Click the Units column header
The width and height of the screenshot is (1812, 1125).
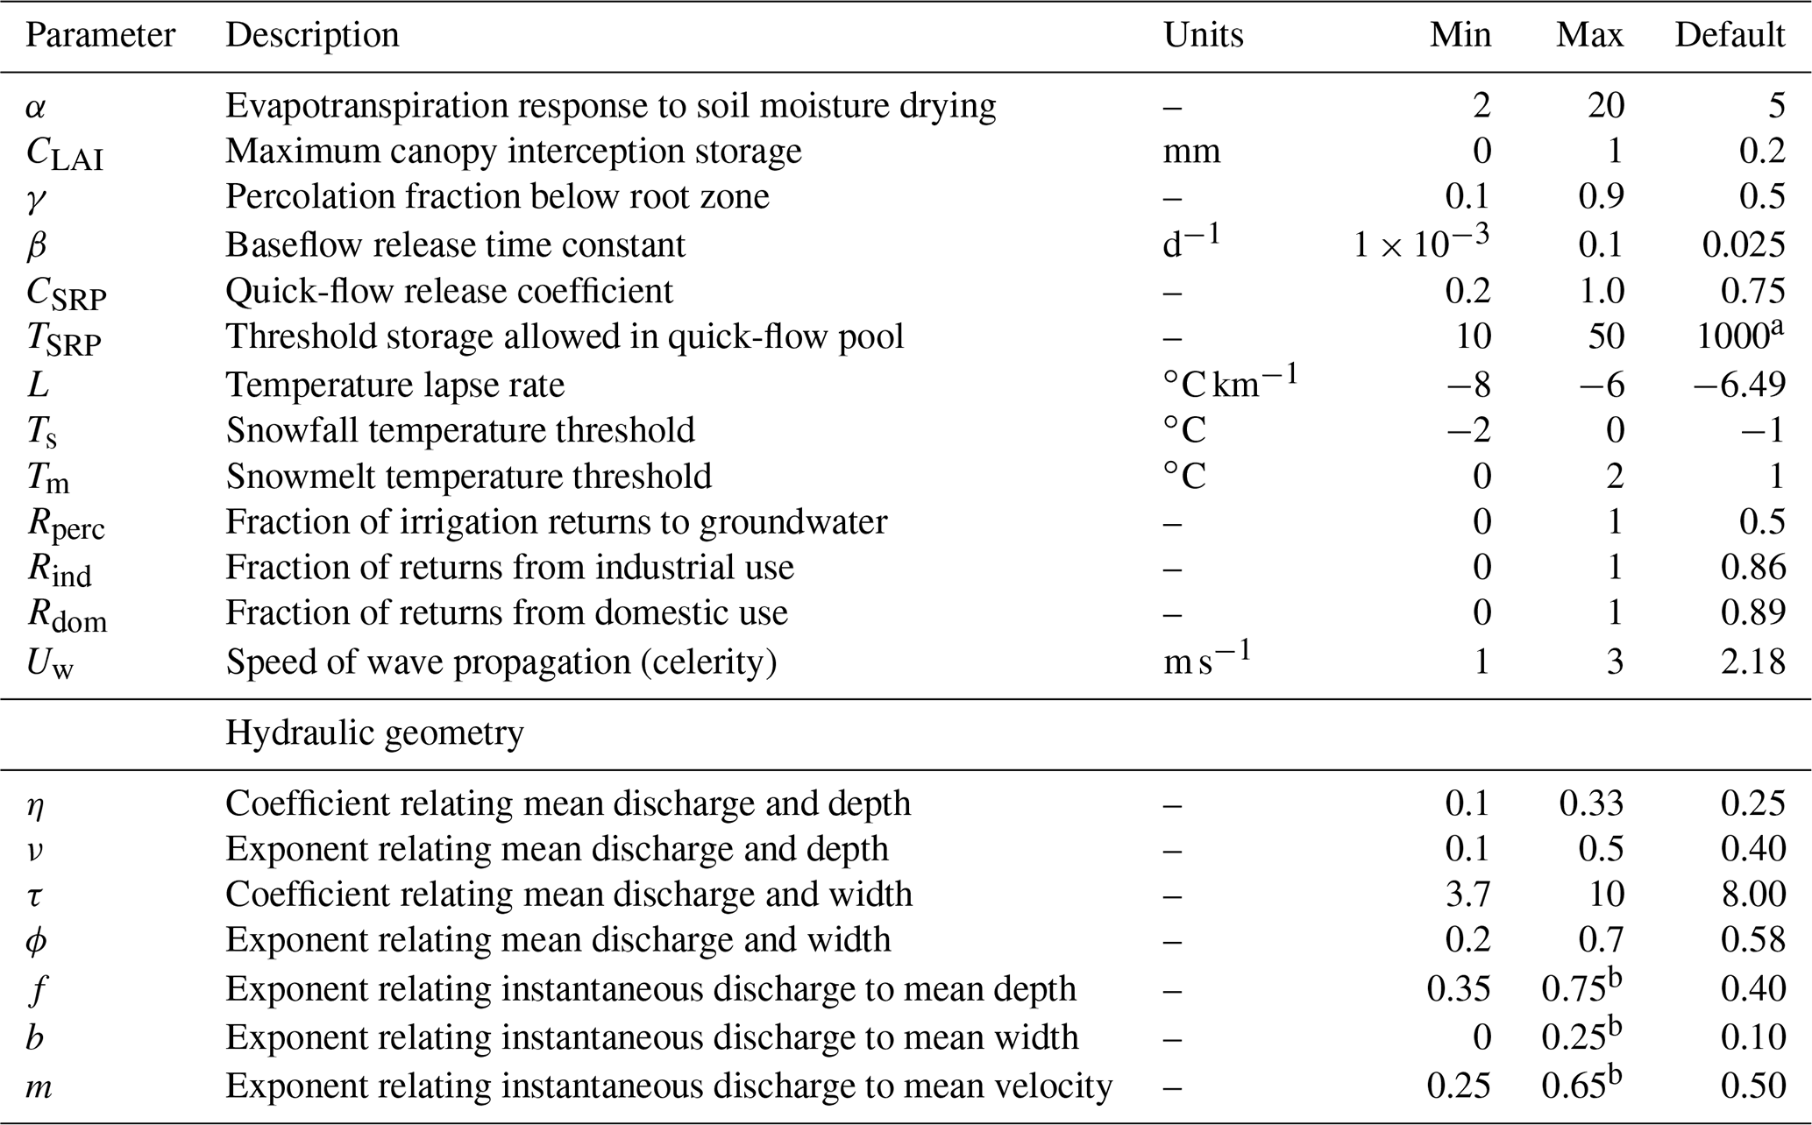click(x=1203, y=35)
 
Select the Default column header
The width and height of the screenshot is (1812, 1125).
click(x=1729, y=35)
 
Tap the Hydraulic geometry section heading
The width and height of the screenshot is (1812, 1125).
click(x=374, y=732)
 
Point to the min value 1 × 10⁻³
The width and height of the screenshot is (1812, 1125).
click(x=1420, y=243)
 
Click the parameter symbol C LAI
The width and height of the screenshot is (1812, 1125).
click(x=64, y=153)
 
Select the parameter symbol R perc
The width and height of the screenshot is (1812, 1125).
click(x=66, y=524)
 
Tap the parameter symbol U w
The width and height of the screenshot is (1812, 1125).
click(x=50, y=662)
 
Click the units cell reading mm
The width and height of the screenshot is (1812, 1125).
click(x=1191, y=152)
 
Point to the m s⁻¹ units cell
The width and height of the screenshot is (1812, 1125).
click(x=1206, y=660)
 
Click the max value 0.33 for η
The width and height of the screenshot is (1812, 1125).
click(x=1591, y=803)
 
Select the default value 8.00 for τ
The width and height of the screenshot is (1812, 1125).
click(x=1752, y=895)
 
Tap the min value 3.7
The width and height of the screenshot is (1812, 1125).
click(x=1467, y=895)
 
